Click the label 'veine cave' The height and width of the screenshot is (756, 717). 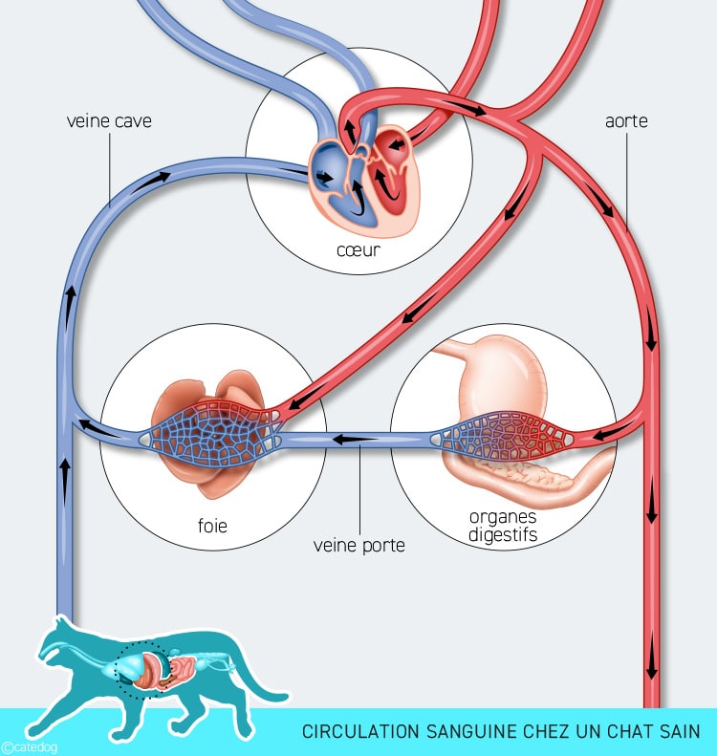click(109, 122)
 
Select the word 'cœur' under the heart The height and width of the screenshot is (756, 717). click(358, 251)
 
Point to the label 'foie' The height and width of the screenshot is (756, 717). click(211, 525)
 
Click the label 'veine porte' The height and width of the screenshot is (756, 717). click(358, 546)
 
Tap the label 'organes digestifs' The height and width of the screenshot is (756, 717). click(503, 525)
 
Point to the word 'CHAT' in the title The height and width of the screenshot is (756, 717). click(623, 732)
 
